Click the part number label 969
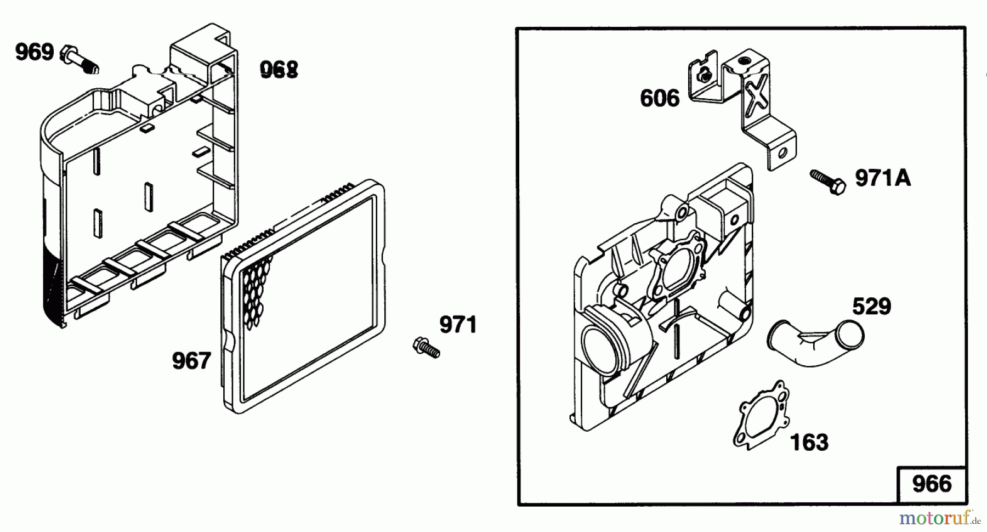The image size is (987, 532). click(35, 53)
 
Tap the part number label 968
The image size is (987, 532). click(279, 70)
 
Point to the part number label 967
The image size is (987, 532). click(191, 361)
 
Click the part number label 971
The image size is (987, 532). click(458, 325)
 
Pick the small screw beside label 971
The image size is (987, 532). click(426, 347)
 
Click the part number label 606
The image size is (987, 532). click(660, 99)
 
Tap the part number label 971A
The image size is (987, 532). click(883, 178)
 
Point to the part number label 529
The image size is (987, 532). click(871, 306)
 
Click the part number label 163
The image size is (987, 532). click(809, 442)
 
